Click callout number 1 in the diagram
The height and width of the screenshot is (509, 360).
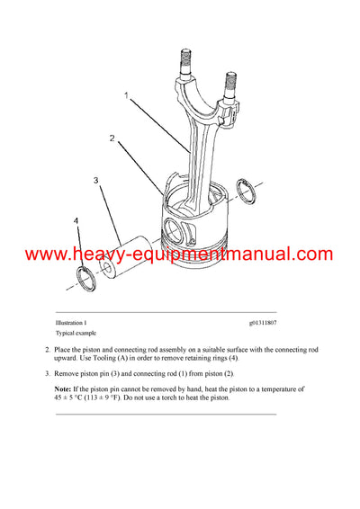click(127, 94)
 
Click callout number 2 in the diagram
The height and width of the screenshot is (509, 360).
click(112, 139)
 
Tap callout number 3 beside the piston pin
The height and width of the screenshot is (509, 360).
click(94, 181)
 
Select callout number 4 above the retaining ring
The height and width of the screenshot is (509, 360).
click(76, 220)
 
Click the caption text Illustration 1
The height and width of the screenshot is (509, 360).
click(74, 322)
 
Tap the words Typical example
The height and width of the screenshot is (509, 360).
click(76, 332)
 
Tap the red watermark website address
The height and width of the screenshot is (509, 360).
click(180, 254)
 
